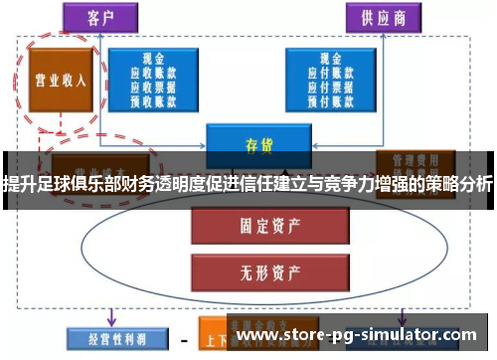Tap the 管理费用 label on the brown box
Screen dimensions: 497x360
point(411,159)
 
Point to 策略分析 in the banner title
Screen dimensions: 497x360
point(456,184)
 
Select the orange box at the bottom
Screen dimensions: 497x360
point(223,338)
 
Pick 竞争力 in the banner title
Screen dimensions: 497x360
point(345,184)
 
